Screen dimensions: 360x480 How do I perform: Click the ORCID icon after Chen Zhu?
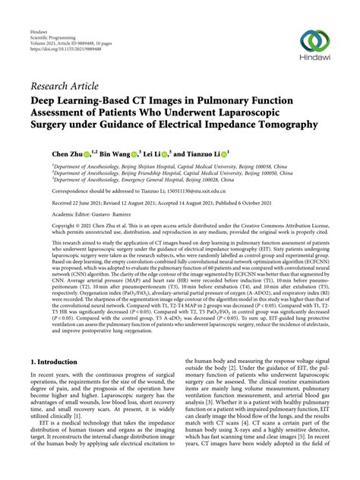pos(89,153)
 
